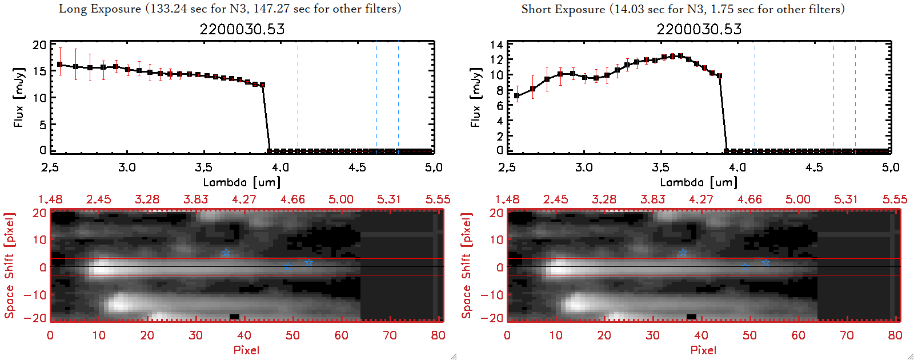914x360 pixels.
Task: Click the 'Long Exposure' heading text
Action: click(x=100, y=9)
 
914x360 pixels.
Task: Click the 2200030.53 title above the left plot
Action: click(x=242, y=29)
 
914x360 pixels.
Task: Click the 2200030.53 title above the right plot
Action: click(x=699, y=29)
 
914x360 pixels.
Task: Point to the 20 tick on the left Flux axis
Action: click(x=39, y=45)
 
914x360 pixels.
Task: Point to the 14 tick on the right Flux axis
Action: click(x=496, y=45)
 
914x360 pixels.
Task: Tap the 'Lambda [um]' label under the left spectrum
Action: click(x=242, y=182)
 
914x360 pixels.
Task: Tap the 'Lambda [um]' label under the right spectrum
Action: click(x=699, y=182)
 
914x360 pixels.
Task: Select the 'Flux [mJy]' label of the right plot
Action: click(x=475, y=97)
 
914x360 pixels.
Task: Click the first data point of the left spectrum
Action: click(x=60, y=65)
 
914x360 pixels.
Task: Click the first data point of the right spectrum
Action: click(x=517, y=96)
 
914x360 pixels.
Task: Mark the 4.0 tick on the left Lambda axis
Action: click(x=280, y=167)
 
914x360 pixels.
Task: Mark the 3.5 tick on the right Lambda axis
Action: click(x=661, y=167)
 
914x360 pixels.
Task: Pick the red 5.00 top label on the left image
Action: click(x=341, y=199)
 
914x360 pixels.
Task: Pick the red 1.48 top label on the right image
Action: click(x=507, y=199)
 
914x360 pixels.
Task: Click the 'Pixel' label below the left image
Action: click(x=246, y=350)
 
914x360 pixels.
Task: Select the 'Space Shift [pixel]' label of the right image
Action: click(x=467, y=266)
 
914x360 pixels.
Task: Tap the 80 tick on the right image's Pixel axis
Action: click(x=895, y=335)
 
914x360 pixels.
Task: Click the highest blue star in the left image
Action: click(x=226, y=253)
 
